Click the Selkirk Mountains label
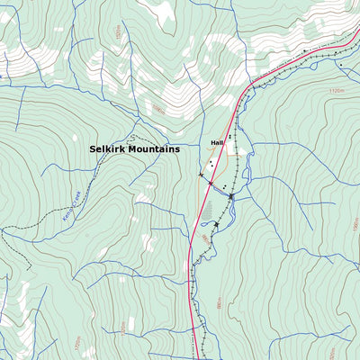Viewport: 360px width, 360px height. [134, 148]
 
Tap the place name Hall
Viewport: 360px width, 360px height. [216, 143]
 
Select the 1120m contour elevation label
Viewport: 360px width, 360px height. [337, 91]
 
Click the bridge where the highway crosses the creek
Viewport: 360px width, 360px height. [211, 184]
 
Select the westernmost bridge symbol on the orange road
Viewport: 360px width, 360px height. [200, 174]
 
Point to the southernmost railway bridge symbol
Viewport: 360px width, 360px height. [217, 224]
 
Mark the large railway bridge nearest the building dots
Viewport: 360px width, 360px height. [231, 195]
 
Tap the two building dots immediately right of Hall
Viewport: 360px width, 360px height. [229, 138]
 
